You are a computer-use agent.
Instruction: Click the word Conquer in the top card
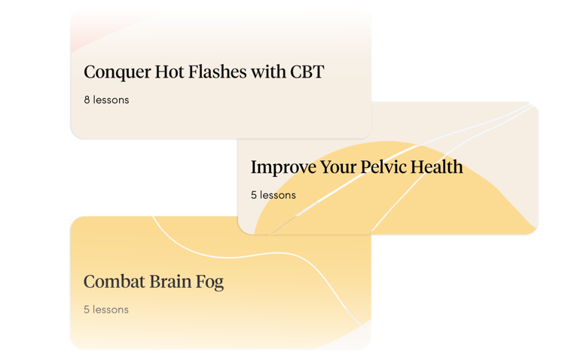point(118,72)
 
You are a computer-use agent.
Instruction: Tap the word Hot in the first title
point(169,72)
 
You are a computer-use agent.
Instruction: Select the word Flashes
point(217,72)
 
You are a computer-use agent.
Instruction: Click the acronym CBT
point(307,72)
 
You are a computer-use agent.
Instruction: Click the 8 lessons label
point(106,100)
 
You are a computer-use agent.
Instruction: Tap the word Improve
point(283,167)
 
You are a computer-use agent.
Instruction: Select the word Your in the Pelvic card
point(338,166)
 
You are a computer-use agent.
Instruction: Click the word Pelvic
point(383,166)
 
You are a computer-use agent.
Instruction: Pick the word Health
point(437,166)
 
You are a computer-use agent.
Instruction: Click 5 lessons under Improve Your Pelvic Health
point(273,195)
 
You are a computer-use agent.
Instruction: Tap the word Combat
point(115,282)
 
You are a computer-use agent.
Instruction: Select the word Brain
point(170,282)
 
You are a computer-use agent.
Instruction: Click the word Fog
point(209,282)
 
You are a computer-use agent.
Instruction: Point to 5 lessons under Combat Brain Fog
point(106,310)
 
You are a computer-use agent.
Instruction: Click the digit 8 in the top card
point(87,100)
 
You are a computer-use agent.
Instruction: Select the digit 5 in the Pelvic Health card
point(254,195)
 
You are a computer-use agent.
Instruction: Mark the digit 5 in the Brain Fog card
point(87,310)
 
